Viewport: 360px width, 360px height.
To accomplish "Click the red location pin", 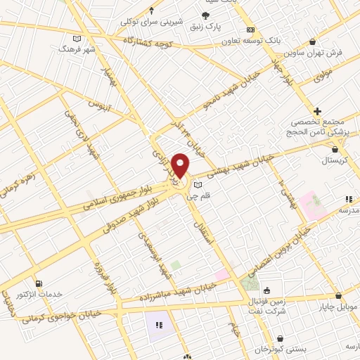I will (181, 165).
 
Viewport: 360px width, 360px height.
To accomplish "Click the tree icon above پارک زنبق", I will (205, 15).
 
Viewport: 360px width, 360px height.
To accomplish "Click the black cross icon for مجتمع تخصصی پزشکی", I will (318, 110).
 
